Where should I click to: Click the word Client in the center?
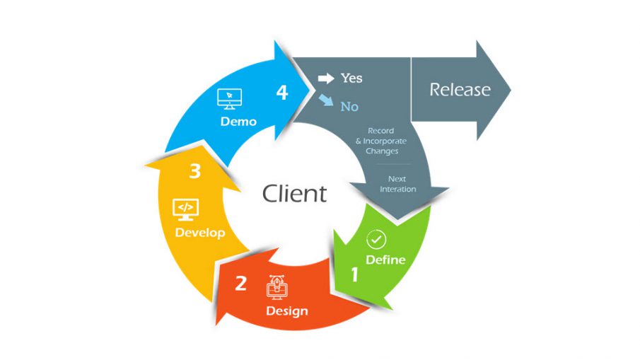tap(295, 192)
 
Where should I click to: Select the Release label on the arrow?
tap(460, 90)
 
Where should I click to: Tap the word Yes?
tap(351, 78)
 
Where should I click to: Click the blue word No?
tap(349, 107)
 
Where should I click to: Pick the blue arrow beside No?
tap(326, 101)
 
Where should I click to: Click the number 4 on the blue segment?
tap(281, 93)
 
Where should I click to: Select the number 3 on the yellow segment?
tap(195, 171)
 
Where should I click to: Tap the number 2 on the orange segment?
tap(240, 284)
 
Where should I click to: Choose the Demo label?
tap(238, 121)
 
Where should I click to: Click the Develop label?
tap(201, 232)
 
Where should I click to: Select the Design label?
tap(286, 310)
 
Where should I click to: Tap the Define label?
tap(385, 260)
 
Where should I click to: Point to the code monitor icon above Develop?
tap(186, 208)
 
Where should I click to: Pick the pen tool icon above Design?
tap(277, 286)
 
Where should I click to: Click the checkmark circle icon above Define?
tap(376, 239)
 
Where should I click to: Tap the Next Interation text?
tap(397, 184)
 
